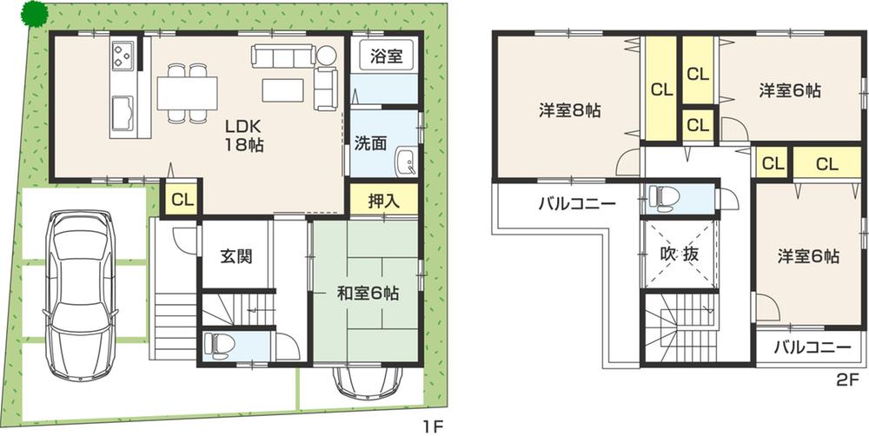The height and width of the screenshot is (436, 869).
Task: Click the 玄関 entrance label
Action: coord(235,257)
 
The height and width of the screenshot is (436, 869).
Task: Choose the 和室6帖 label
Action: coord(368,294)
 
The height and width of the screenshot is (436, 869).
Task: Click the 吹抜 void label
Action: coord(679,256)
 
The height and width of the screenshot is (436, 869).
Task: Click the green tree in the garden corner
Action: coord(35,14)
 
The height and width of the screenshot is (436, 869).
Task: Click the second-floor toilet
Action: coord(662,197)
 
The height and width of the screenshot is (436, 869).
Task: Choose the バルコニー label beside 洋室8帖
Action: coord(576,204)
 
